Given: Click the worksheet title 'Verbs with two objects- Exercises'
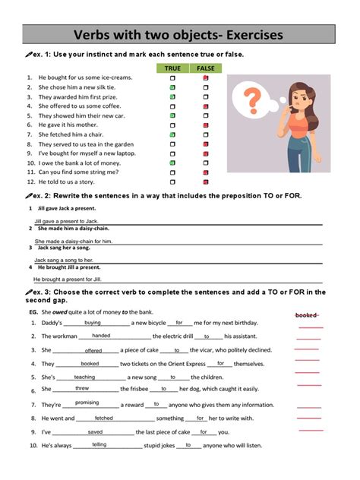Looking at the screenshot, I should pos(179,35).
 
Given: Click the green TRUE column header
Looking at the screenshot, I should pos(172,68).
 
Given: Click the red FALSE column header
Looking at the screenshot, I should pos(205,68).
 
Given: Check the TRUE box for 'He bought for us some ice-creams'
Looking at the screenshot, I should pos(172,78).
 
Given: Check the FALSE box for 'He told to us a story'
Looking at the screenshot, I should pos(205,182).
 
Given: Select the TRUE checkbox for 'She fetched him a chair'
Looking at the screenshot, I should pos(172,134).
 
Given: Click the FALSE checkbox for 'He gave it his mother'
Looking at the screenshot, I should pos(205,125).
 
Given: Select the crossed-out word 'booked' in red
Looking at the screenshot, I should pos(306,314).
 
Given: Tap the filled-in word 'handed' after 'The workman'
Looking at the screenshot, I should pos(101,335).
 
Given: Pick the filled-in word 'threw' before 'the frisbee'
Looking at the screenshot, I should pos(82,388).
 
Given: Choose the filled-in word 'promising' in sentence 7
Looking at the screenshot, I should pos(87,403).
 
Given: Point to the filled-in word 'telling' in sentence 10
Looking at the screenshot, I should pos(99,444).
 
